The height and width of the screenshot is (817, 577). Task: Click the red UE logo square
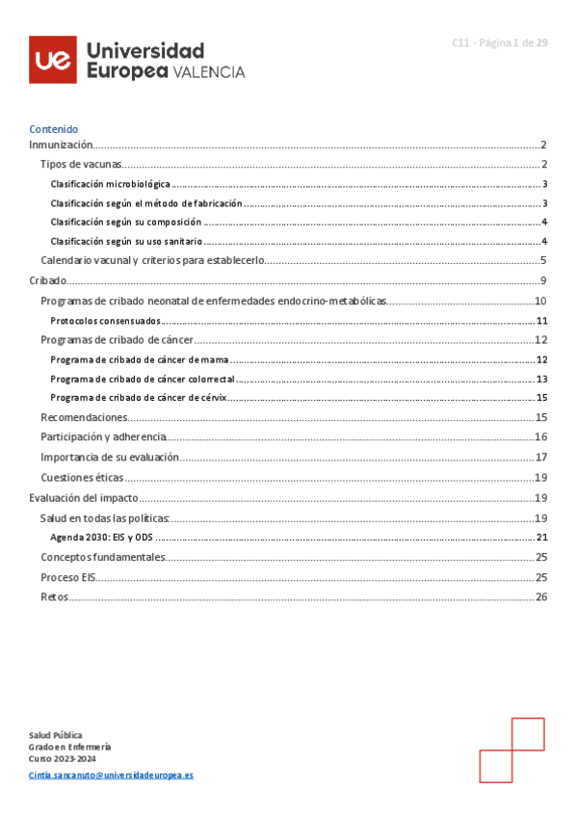(x=53, y=60)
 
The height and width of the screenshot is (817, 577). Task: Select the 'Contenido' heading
(x=53, y=129)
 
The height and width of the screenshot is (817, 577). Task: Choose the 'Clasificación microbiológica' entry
(x=110, y=184)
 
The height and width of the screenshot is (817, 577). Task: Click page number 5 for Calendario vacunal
(x=543, y=260)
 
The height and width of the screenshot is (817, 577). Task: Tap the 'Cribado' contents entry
(x=48, y=280)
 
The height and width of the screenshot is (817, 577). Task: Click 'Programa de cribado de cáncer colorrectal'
(x=143, y=379)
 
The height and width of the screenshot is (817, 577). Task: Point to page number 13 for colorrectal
(x=541, y=379)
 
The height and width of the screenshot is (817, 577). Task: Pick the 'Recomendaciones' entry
(x=84, y=418)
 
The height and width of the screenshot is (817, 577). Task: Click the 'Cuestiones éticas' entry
(x=81, y=478)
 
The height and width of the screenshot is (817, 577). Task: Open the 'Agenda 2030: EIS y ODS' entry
(x=102, y=538)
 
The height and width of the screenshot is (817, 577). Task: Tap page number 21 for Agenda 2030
(x=541, y=538)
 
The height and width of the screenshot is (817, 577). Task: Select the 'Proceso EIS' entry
(x=67, y=577)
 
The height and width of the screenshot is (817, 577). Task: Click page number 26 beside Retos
(x=541, y=597)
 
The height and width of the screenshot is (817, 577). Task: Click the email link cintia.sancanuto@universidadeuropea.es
(x=111, y=775)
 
